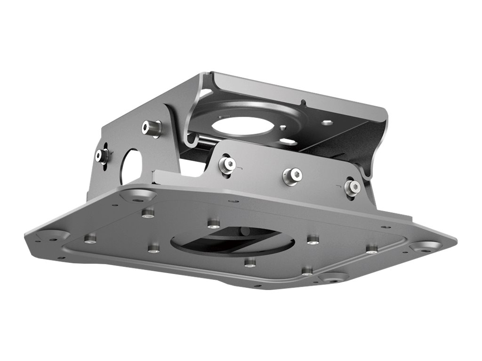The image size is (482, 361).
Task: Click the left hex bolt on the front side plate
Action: (227, 164)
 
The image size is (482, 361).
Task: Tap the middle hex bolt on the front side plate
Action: (292, 176)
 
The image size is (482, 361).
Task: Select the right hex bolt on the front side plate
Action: (352, 187)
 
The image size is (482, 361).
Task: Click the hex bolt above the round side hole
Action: (152, 127)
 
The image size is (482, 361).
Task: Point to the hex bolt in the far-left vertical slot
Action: (102, 156)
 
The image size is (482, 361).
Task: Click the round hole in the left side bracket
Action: (131, 166)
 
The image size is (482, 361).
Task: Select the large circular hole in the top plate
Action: (240, 126)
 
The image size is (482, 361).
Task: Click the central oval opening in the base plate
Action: (232, 241)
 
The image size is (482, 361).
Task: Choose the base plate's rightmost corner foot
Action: (426, 246)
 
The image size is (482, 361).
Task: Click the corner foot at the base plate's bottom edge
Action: (333, 277)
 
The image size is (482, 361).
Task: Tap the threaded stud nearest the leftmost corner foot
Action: (90, 239)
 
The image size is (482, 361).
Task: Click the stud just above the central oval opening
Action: (214, 223)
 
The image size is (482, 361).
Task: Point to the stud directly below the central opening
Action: (250, 262)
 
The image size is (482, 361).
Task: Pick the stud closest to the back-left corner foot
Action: (148, 213)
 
